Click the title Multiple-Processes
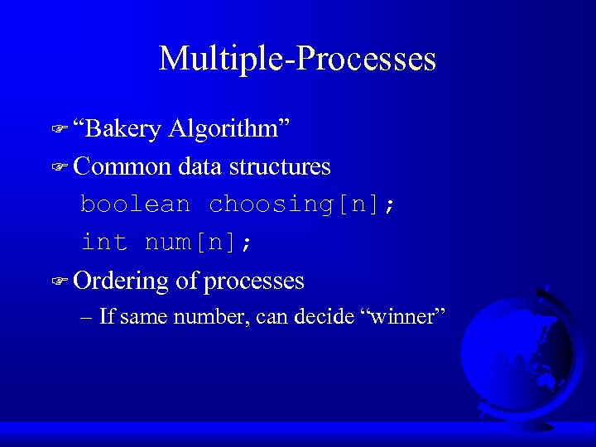[x=297, y=59]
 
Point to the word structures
[x=280, y=166]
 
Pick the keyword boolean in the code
[x=135, y=204]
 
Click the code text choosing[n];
[x=302, y=204]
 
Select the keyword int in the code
[x=103, y=243]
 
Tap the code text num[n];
[x=199, y=243]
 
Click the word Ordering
[x=121, y=281]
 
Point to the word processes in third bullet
[x=254, y=281]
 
